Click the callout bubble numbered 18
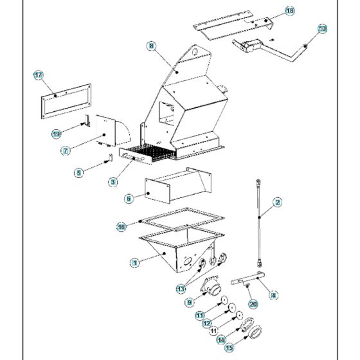pos(289,11)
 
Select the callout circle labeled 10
pos(323,29)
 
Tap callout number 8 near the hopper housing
pos(151,46)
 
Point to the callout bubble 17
pos(38,75)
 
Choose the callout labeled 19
pos(56,133)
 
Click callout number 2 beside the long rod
pos(277,202)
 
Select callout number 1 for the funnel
pos(134,262)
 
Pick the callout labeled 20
pos(253,304)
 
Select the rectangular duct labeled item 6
pos(177,187)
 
